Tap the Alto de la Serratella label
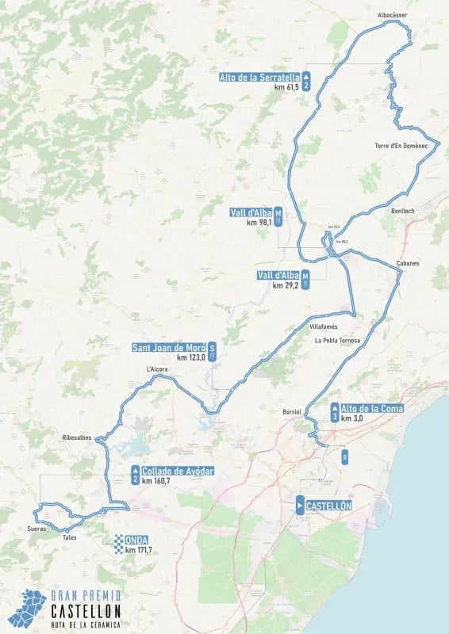point(259,78)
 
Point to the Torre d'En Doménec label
point(401,146)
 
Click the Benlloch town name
point(403,211)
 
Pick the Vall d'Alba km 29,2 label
point(278,275)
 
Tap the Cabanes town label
point(408,263)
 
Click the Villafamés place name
point(324,327)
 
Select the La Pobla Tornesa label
point(336,341)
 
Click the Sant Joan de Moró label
point(169,347)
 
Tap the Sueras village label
point(36,528)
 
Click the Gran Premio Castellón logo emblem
point(25,607)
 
